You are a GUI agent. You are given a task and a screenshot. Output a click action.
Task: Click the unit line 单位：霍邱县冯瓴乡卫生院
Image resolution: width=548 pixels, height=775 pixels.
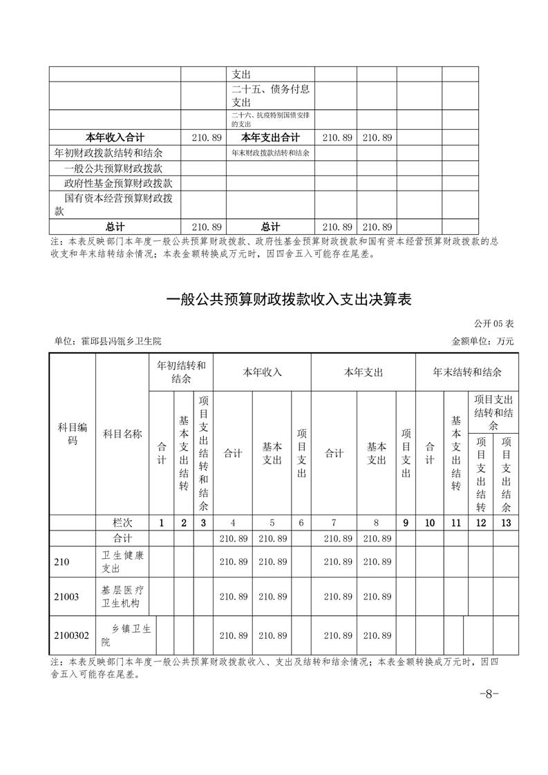click(x=111, y=341)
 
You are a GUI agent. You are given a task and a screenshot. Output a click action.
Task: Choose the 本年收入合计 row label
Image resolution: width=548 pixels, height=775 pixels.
click(x=115, y=137)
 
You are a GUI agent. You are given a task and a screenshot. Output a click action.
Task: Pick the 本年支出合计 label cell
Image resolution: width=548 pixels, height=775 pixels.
click(x=270, y=137)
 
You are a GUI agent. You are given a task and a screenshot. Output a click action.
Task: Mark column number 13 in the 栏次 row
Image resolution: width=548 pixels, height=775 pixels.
click(x=507, y=523)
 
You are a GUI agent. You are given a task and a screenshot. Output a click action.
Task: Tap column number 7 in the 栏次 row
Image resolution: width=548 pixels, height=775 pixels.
click(x=334, y=523)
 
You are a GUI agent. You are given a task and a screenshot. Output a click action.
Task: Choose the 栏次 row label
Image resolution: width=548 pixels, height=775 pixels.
click(x=122, y=523)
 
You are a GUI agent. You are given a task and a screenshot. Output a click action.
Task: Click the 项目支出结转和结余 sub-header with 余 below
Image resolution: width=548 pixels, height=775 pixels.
click(x=493, y=406)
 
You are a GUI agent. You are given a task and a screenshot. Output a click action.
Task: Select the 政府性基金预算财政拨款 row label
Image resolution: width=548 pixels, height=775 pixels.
click(x=118, y=183)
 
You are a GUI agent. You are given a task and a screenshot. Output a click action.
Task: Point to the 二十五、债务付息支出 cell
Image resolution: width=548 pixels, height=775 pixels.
click(x=270, y=95)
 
